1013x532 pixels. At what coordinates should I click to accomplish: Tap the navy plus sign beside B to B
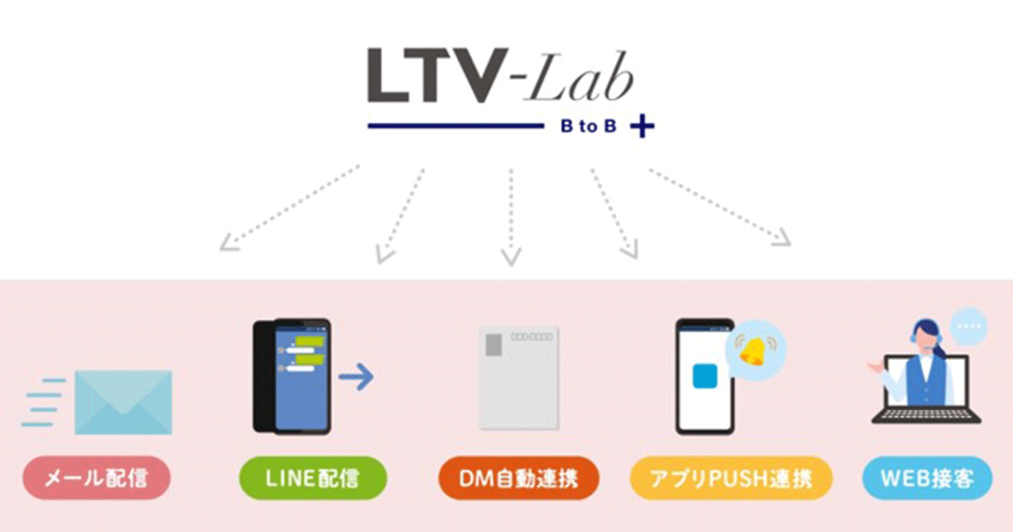coord(642,127)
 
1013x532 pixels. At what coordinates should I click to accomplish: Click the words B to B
coord(588,127)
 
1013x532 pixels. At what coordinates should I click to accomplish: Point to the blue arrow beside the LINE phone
coord(355,377)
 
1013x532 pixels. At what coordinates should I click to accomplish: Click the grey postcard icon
coord(518,379)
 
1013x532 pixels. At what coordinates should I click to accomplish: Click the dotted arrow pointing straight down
coord(511,215)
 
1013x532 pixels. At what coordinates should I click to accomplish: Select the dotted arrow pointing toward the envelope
coord(287,209)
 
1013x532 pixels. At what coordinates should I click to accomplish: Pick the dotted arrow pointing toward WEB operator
coord(722,207)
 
